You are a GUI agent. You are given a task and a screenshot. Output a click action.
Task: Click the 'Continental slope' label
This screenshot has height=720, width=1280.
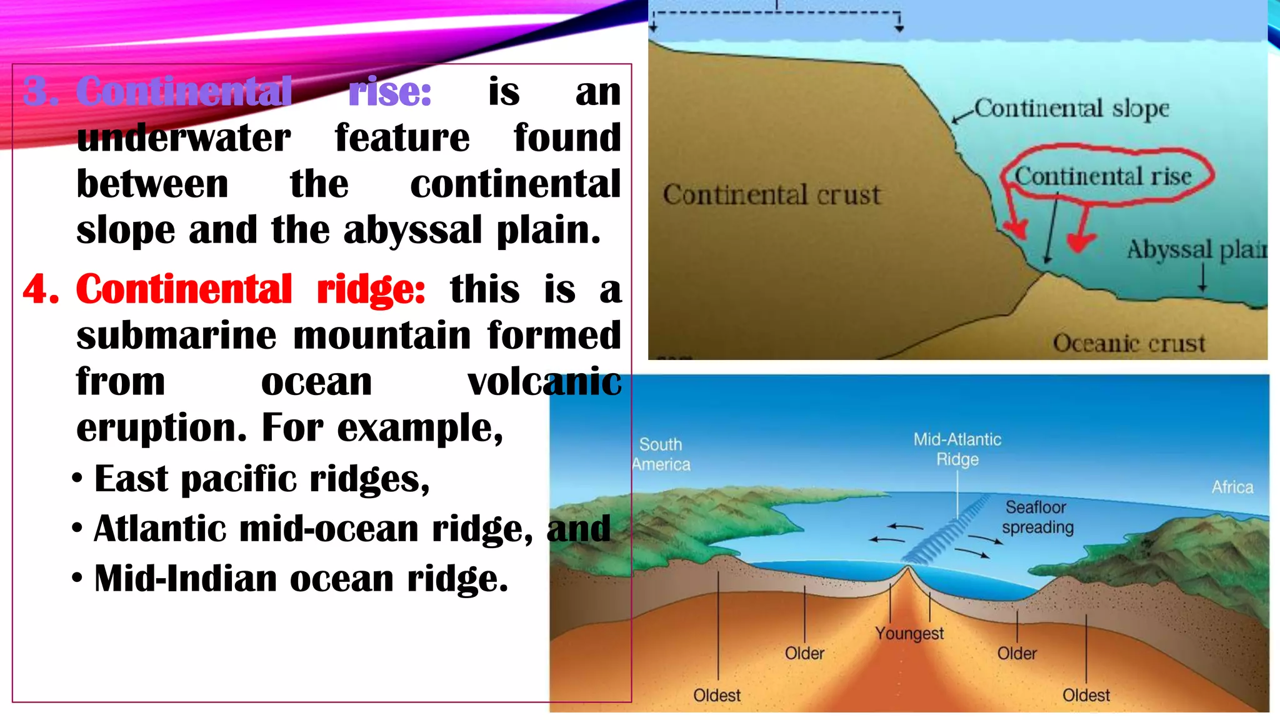point(1071,109)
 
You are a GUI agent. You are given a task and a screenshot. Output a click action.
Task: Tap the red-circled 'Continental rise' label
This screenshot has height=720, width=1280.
point(1102,176)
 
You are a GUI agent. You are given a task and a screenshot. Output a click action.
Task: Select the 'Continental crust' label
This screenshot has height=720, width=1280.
point(771,195)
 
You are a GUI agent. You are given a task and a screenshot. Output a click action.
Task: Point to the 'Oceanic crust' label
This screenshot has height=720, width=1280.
point(1129,343)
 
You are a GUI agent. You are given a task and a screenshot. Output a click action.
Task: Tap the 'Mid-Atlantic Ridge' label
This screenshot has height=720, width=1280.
point(957,449)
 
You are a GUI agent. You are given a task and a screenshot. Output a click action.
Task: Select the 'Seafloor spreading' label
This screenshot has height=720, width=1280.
point(1037,517)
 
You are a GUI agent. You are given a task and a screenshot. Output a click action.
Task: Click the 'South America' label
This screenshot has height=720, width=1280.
point(661,454)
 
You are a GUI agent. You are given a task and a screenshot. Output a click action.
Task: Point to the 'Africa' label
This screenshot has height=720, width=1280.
point(1232,487)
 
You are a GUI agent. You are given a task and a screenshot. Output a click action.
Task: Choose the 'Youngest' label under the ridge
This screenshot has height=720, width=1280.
point(909,634)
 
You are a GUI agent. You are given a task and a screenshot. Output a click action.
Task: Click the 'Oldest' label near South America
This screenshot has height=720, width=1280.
point(716,696)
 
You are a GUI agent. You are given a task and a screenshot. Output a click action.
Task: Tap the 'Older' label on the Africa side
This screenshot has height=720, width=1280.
point(1017,654)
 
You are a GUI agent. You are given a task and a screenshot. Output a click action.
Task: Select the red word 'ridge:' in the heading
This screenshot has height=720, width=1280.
point(371,290)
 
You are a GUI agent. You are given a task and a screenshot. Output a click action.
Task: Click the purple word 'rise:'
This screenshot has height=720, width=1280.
point(390,92)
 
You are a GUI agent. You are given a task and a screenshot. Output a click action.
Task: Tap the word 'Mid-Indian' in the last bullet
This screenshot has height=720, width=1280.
point(185,579)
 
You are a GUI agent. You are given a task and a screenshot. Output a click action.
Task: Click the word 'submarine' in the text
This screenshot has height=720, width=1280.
point(176,336)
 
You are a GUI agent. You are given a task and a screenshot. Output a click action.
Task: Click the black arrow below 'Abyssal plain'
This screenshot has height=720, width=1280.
point(1202,277)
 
